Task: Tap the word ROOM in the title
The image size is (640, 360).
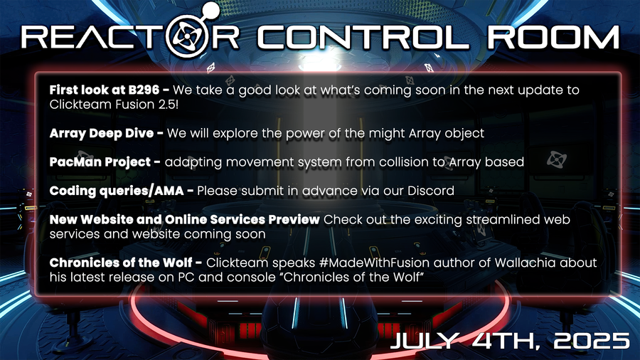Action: pos(553,38)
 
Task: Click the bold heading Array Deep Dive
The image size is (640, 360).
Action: pos(102,134)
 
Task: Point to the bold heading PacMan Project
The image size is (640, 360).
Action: pos(100,162)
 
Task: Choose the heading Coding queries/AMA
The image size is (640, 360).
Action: pos(117,191)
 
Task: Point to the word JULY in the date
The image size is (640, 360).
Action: pos(425,341)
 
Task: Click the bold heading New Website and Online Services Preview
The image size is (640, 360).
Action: pos(184,220)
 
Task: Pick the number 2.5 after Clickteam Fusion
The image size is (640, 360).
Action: pos(161,105)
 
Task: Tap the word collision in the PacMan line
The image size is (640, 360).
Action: pos(397,162)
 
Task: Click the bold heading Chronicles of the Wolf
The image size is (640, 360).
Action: pos(121,263)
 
